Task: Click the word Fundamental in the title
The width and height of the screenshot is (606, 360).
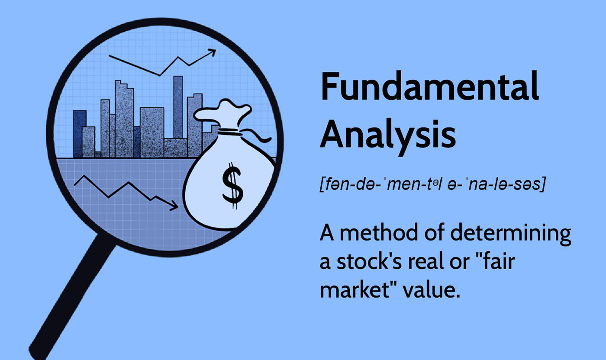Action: click(x=429, y=86)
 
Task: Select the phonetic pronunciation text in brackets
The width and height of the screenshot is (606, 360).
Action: click(x=432, y=184)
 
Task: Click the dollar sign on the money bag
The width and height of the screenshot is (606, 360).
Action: click(x=233, y=186)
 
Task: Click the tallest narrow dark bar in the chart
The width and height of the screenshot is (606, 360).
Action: click(x=178, y=107)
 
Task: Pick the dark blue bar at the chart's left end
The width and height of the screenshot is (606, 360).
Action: click(x=79, y=134)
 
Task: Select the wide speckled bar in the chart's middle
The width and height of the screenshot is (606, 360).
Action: click(x=152, y=132)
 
